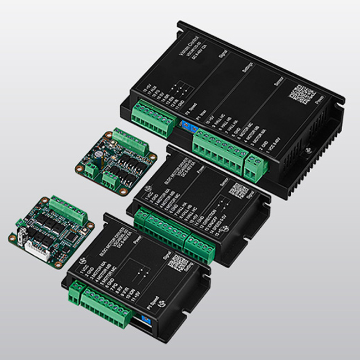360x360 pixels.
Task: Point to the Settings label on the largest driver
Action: tap(248, 71)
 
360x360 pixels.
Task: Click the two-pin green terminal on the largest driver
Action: tap(255, 166)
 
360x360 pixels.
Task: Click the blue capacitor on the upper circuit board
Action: tap(97, 151)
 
